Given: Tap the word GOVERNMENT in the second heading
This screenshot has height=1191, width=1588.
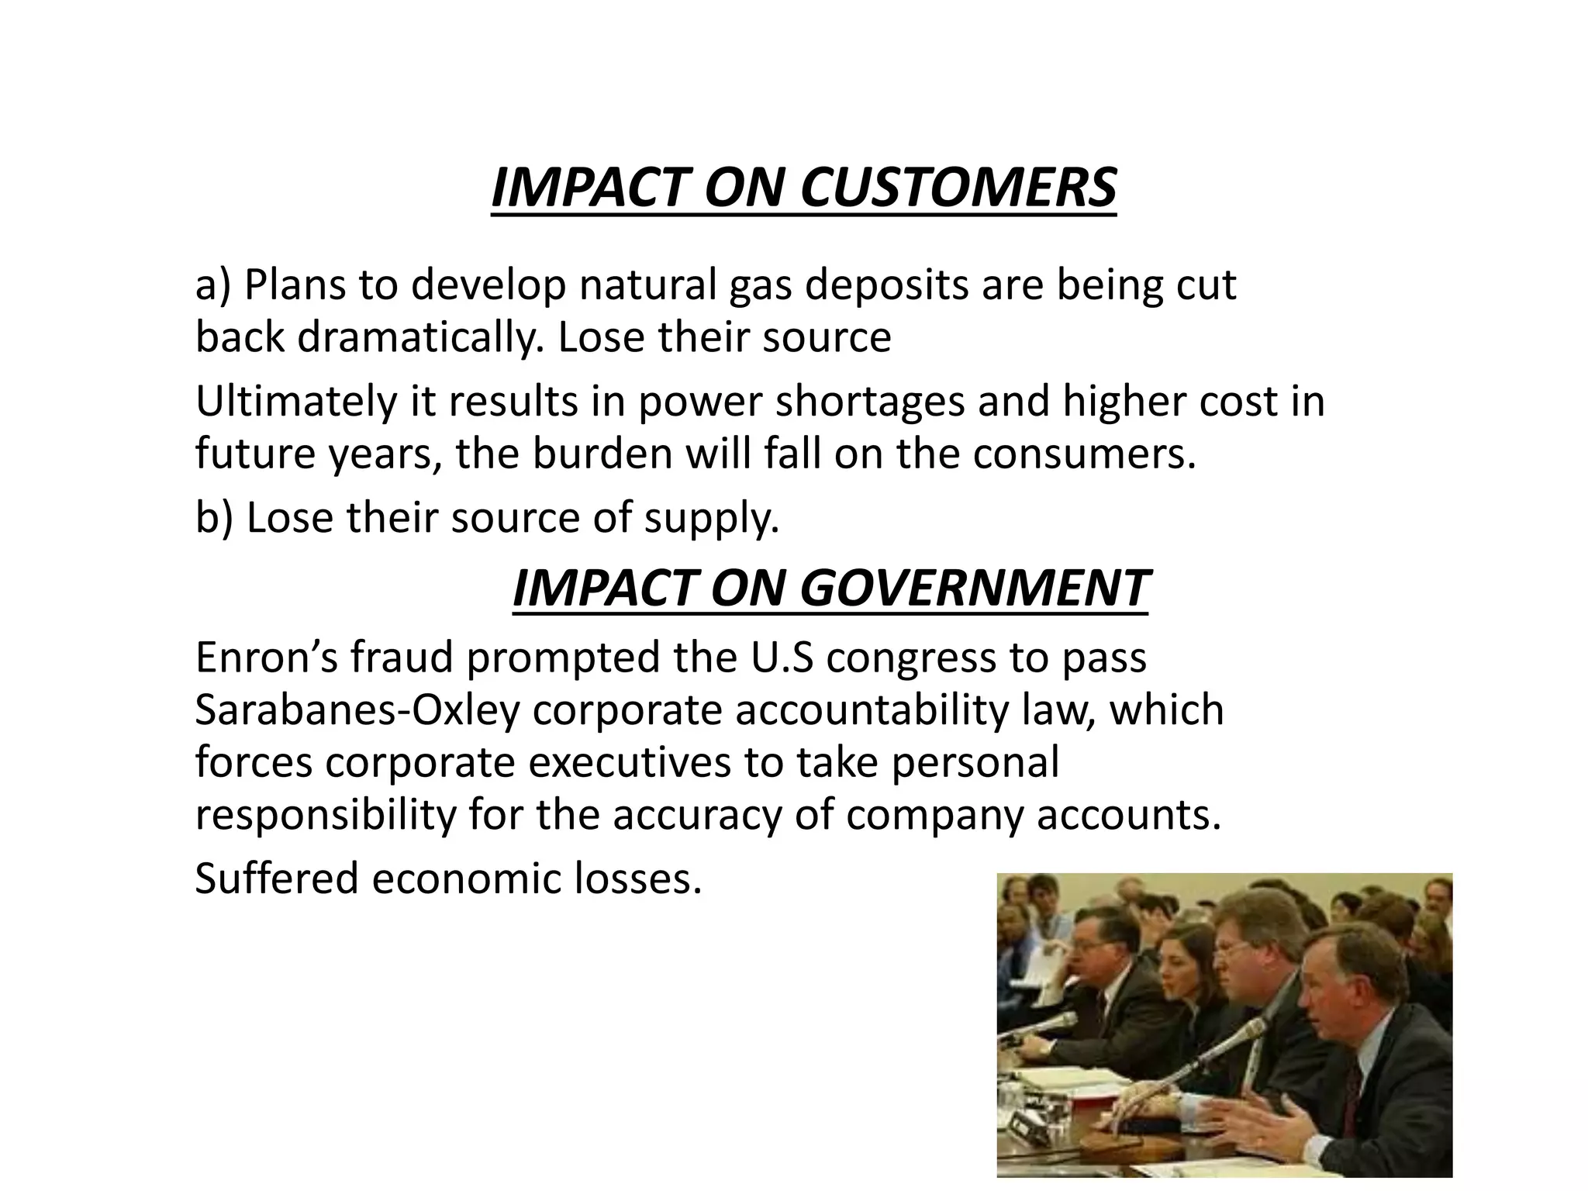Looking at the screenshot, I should coord(973,589).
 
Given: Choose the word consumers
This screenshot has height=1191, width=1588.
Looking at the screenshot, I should coord(1084,454).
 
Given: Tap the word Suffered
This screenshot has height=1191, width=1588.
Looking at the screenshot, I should coord(275,879).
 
